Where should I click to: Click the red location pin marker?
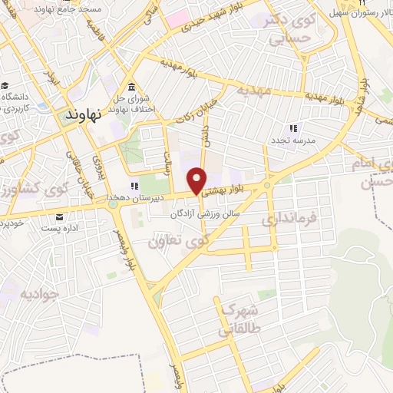199,180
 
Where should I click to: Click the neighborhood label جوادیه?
39,293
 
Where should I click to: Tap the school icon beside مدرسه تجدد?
292,129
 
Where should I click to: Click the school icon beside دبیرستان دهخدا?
135,185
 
